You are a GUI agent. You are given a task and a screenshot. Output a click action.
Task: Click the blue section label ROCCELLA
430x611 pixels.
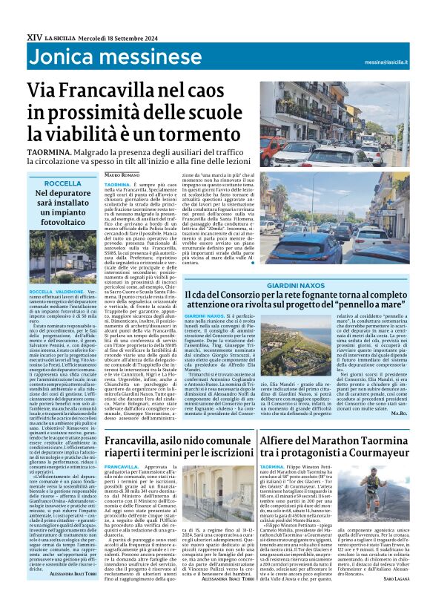(x=62, y=183)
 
